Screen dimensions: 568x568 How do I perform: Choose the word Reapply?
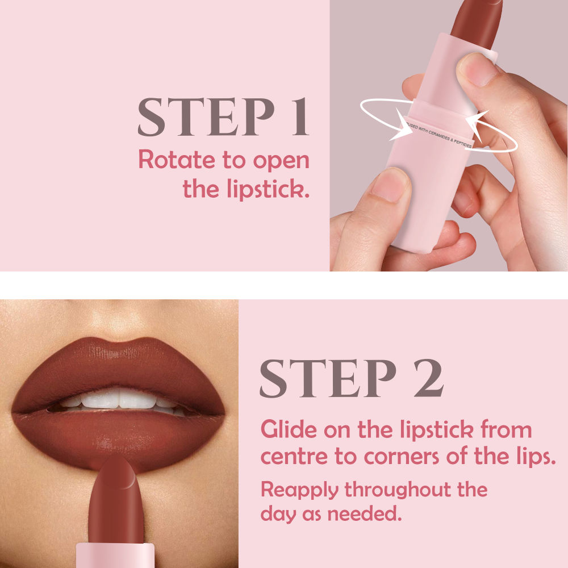[299, 490]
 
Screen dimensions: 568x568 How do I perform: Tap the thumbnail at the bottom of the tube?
[390, 185]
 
